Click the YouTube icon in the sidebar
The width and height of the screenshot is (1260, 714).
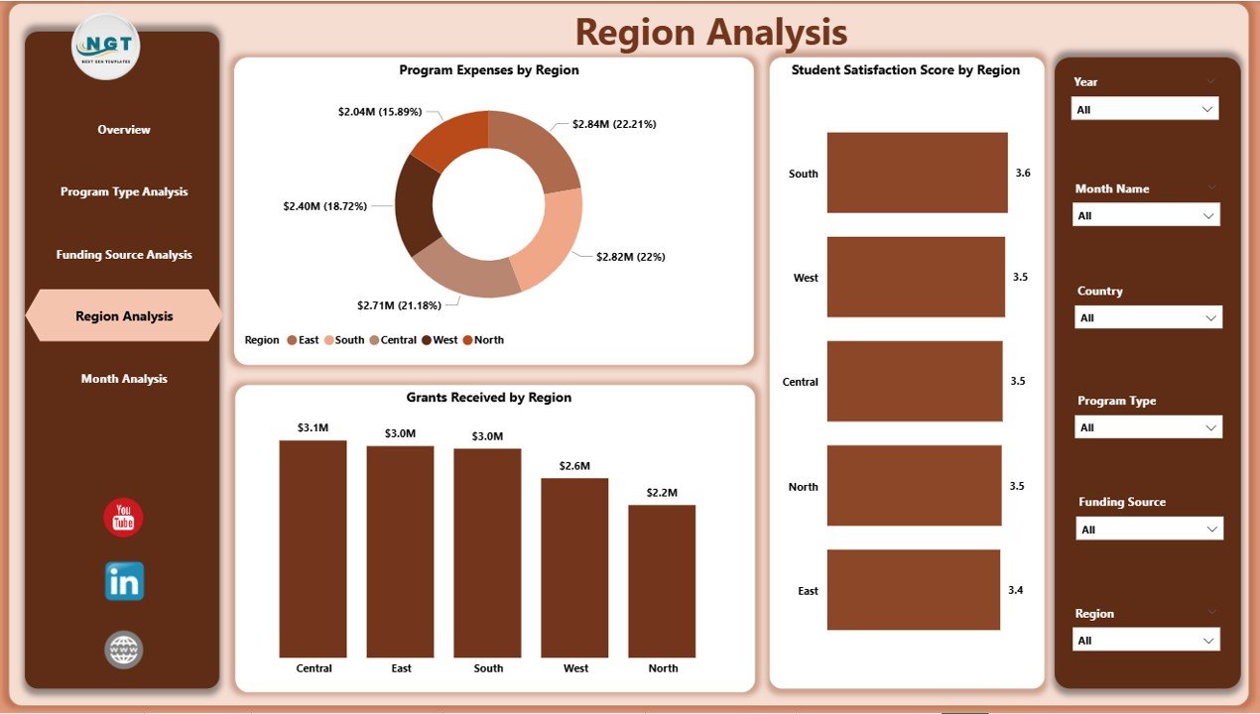coord(124,518)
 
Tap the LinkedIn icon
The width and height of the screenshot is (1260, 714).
coord(124,582)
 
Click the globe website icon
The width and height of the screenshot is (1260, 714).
coord(124,651)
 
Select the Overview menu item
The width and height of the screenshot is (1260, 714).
coord(124,130)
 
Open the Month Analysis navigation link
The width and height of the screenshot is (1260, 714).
coord(124,379)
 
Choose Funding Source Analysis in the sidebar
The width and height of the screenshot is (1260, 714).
coord(124,255)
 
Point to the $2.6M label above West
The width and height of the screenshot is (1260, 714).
coord(574,466)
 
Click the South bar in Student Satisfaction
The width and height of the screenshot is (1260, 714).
coord(917,173)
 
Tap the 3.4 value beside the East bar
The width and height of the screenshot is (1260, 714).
coord(1016,590)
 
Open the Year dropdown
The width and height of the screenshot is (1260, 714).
coord(1145,109)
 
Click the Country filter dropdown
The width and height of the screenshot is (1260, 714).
coord(1148,317)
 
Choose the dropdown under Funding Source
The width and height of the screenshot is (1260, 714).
coord(1149,530)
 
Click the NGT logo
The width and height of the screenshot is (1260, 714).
coord(106,46)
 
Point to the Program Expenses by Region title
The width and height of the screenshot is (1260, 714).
coord(489,70)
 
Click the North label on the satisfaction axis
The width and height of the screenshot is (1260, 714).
coord(803,487)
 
